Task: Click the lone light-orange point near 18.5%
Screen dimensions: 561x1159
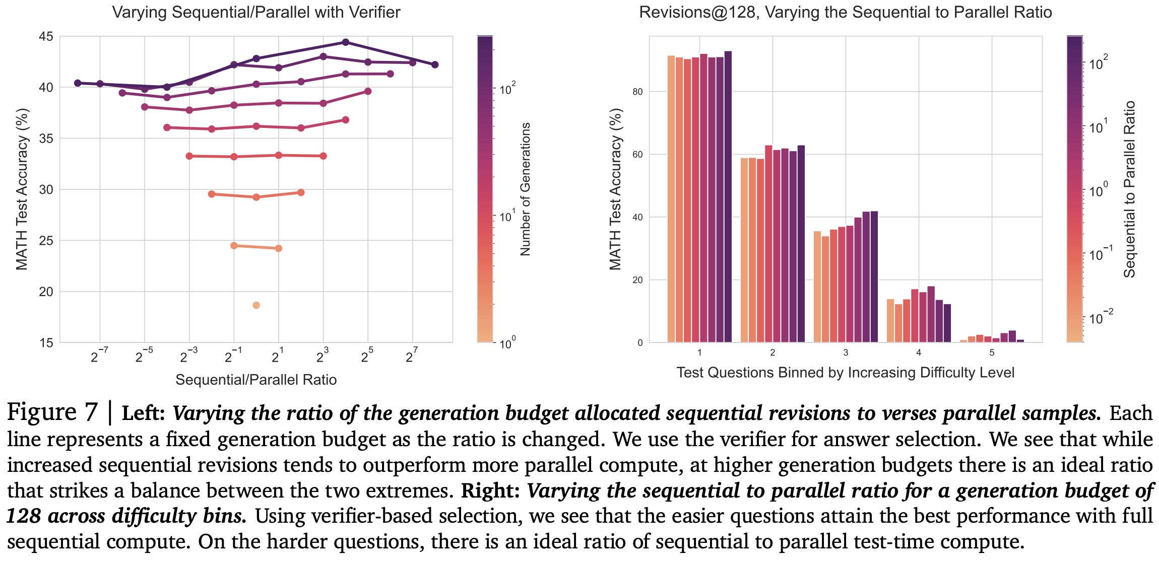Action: (256, 305)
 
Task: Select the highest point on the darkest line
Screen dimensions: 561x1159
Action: (345, 42)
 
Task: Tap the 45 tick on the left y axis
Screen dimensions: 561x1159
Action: (46, 36)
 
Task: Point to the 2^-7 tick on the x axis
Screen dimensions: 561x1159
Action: (99, 357)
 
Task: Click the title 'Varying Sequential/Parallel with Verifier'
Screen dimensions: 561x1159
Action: (256, 12)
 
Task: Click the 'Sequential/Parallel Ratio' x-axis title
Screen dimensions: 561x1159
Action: (256, 380)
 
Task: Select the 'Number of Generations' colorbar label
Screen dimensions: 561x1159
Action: (526, 189)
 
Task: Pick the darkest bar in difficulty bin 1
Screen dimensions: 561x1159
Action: (728, 196)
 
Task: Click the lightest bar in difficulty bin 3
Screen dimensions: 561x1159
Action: (817, 287)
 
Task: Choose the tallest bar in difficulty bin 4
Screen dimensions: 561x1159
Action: (931, 314)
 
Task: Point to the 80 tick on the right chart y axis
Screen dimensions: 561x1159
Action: (637, 92)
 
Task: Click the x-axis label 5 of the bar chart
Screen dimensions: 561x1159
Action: (992, 353)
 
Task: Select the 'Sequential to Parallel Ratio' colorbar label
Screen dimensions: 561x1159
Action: (1129, 189)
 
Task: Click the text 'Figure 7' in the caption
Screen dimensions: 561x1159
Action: (52, 412)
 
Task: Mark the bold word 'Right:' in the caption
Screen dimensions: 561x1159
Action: (490, 491)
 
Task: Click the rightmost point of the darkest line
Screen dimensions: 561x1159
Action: (435, 64)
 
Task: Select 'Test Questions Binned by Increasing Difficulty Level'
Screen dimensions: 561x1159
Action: (845, 373)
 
